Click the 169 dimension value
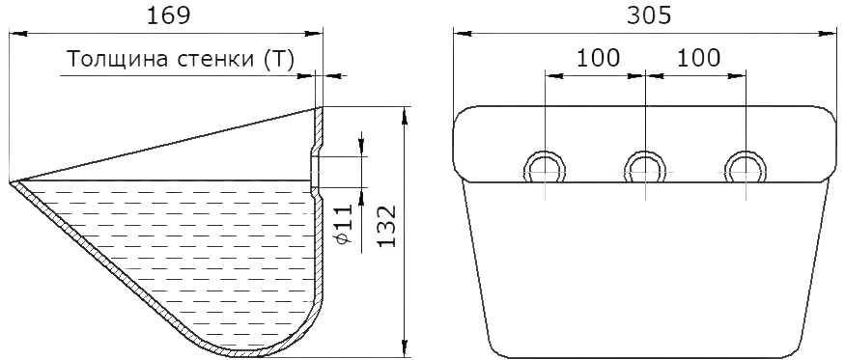click(x=169, y=15)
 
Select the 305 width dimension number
click(x=649, y=15)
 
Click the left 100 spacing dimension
click(x=598, y=57)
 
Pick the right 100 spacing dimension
click(x=698, y=57)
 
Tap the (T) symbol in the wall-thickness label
click(x=279, y=59)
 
